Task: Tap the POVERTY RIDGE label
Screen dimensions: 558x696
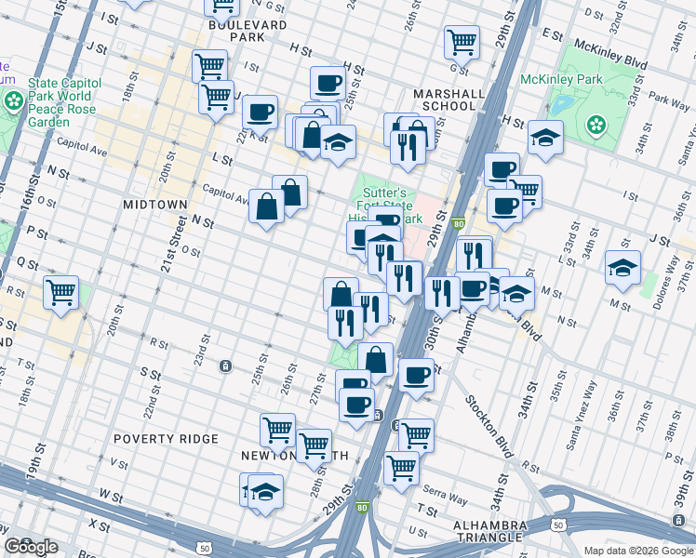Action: pyautogui.click(x=166, y=438)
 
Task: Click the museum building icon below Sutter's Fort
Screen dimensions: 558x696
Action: pyautogui.click(x=382, y=246)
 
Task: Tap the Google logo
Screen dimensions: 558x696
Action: pyautogui.click(x=31, y=547)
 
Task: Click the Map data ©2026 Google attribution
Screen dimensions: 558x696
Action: pyautogui.click(x=638, y=551)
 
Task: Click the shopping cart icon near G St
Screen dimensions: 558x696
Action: pyautogui.click(x=462, y=41)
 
